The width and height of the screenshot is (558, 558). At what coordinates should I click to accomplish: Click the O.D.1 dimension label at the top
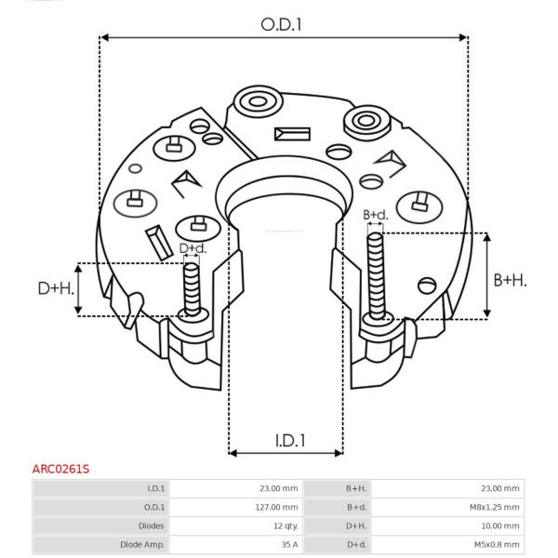point(281,25)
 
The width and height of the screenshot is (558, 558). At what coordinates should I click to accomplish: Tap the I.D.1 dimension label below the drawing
point(290,441)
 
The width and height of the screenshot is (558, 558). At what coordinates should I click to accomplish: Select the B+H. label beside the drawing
point(510,281)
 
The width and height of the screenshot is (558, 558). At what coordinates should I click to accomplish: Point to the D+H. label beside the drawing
point(56,288)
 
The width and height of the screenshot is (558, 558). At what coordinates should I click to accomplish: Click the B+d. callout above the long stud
point(376,215)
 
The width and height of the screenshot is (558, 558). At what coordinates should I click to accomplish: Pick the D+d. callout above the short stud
point(193,248)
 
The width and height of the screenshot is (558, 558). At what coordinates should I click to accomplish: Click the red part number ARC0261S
point(60,469)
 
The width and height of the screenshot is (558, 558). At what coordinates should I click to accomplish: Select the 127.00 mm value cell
point(276,507)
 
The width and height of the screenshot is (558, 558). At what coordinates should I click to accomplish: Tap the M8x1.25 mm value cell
point(495,507)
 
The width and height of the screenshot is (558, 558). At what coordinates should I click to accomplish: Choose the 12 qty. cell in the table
point(286,526)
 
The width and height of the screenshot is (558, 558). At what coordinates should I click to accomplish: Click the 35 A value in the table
point(289,544)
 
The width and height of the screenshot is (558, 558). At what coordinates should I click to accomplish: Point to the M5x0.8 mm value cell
point(497,544)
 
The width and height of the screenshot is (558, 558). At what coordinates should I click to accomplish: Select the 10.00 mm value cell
point(500,526)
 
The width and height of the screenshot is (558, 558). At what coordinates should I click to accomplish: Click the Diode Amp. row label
point(142,544)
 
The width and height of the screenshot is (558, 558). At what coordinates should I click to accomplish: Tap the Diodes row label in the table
point(152,526)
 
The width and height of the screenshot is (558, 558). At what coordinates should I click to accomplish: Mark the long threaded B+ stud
point(376,276)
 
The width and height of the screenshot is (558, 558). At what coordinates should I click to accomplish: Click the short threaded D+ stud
point(192,289)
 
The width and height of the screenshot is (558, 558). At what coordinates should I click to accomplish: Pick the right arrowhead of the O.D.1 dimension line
point(463,37)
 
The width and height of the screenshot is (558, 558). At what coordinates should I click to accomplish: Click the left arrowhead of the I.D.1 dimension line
point(233,453)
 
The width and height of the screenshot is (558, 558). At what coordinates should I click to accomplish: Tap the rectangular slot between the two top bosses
point(292,134)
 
